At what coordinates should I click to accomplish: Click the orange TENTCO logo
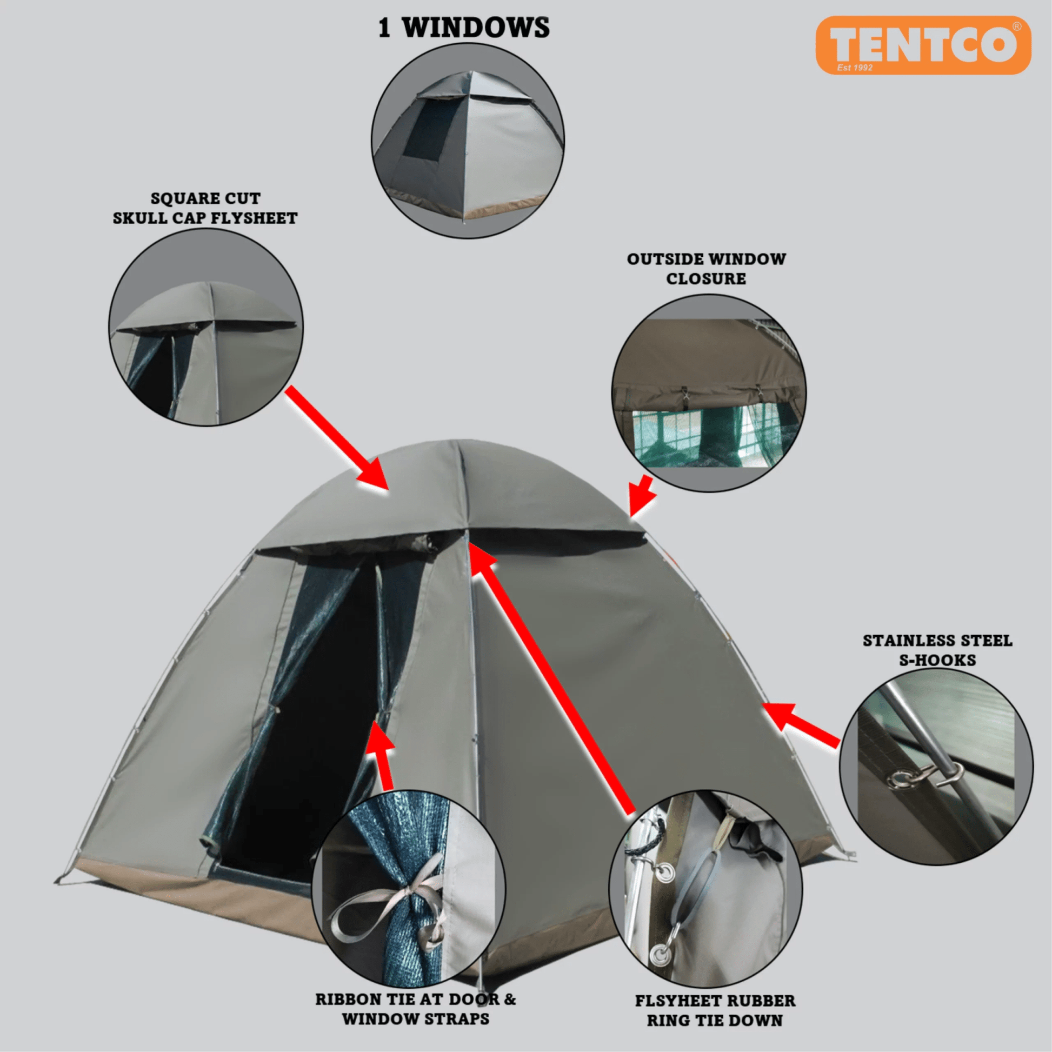pyautogui.click(x=923, y=45)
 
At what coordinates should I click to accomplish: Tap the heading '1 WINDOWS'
pyautogui.click(x=464, y=27)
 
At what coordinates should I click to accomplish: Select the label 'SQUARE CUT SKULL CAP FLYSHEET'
pyautogui.click(x=205, y=208)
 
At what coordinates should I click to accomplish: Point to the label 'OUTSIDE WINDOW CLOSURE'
pyautogui.click(x=706, y=269)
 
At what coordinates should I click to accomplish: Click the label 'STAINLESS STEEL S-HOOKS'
pyautogui.click(x=937, y=650)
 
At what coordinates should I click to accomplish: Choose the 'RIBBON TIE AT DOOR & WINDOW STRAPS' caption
pyautogui.click(x=416, y=1009)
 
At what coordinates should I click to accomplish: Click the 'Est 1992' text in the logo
pyautogui.click(x=855, y=68)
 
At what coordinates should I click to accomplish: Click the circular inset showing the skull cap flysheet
pyautogui.click(x=206, y=327)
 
